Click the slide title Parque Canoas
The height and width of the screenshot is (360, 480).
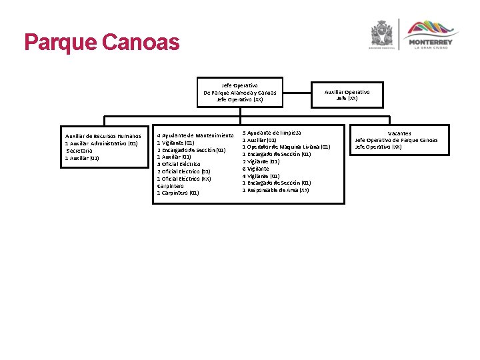(x=102, y=43)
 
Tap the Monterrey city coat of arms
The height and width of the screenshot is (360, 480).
(x=382, y=33)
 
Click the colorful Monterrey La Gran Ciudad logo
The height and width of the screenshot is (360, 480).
(x=433, y=33)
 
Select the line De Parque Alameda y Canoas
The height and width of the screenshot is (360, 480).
(x=239, y=93)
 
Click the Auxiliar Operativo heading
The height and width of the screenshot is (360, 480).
(x=347, y=92)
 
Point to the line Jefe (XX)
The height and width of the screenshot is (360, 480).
(x=347, y=99)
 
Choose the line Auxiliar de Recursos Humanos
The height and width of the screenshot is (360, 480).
(x=103, y=137)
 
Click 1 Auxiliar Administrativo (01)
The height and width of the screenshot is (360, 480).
(x=101, y=143)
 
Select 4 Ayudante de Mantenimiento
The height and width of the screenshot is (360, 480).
(x=195, y=135)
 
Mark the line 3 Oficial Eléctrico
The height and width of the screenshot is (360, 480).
(x=179, y=164)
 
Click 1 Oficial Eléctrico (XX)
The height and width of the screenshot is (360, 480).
(x=184, y=179)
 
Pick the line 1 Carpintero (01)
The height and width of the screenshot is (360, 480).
(x=177, y=193)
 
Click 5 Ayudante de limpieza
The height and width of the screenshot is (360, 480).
(x=271, y=133)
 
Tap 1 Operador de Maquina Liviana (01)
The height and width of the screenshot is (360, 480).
(x=286, y=147)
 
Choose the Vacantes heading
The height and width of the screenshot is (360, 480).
(x=399, y=133)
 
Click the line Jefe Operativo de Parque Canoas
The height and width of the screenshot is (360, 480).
(x=397, y=140)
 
